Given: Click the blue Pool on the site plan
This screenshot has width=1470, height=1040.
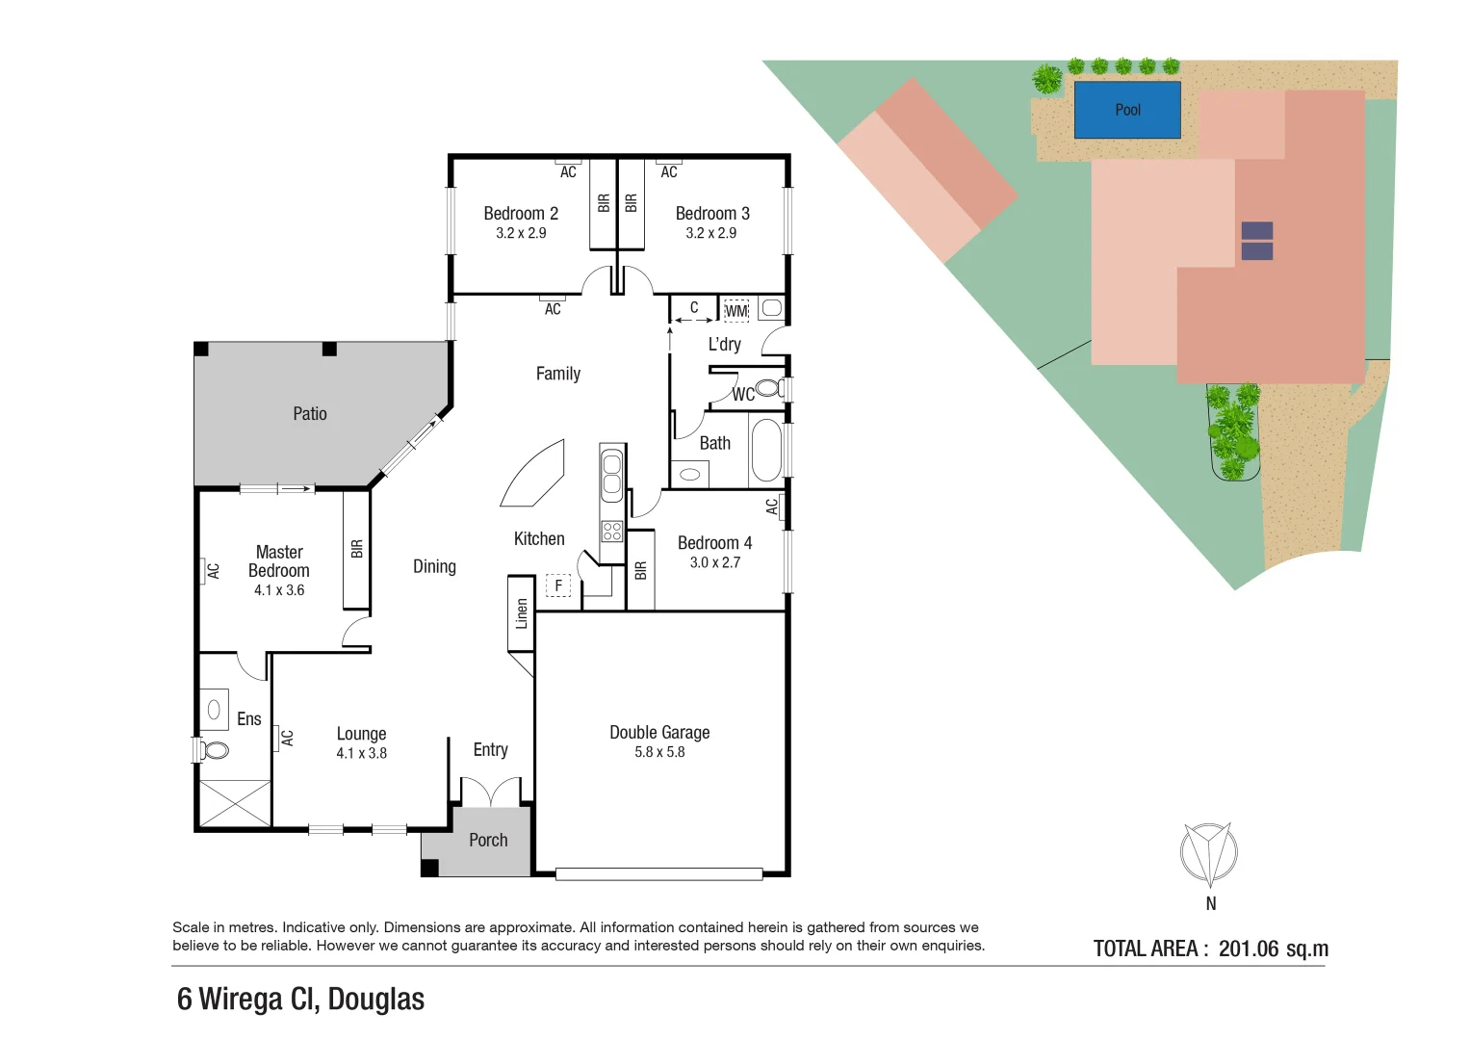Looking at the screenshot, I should point(1126,110).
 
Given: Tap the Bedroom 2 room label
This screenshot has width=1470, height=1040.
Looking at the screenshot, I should point(521,214).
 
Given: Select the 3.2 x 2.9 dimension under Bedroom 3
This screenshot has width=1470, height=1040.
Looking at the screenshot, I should point(711,233).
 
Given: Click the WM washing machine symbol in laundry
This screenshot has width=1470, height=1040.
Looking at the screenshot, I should point(735,310).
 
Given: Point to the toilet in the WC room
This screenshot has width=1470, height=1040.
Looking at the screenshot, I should point(768,388).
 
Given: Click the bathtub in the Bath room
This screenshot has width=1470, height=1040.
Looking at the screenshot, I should point(766,449).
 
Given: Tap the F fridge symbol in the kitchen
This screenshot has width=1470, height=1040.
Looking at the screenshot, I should point(558,585).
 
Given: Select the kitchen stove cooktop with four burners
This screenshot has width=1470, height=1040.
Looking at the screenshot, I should point(612,531).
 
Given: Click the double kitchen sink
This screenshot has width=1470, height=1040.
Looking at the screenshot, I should point(612,473).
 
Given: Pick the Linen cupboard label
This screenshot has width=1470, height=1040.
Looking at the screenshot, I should point(522,613).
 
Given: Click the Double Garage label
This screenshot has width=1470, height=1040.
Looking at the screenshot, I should point(659,733).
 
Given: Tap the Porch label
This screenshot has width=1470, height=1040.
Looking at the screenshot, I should point(488,841).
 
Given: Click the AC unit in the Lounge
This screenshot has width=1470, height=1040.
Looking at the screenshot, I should point(286,738).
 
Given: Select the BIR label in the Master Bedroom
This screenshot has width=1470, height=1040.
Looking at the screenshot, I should point(356,549).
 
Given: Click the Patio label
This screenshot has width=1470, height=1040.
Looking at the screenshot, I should point(310,414).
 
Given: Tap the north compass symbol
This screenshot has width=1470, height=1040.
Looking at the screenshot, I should point(1209,853).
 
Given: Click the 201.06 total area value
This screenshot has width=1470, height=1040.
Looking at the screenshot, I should point(1249,949).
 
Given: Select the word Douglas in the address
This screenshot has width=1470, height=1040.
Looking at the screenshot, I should point(375,1000).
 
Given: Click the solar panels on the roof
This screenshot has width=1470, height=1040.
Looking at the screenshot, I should point(1256,241).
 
